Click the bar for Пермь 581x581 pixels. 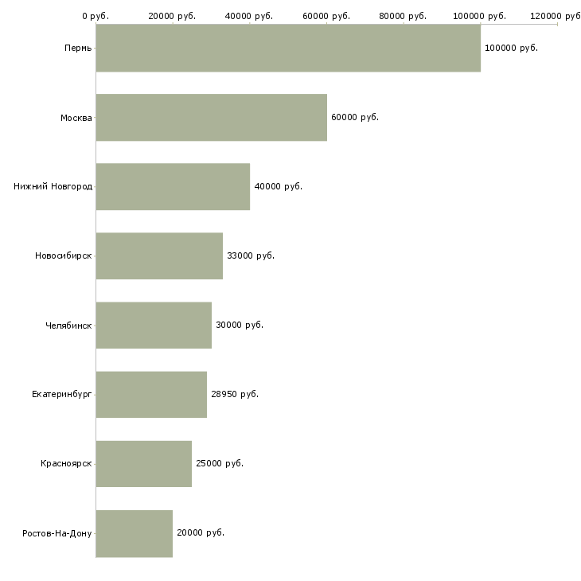tap(288, 48)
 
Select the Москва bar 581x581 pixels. tap(211, 117)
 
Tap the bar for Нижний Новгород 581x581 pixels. tap(173, 186)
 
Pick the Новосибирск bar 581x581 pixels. tap(159, 255)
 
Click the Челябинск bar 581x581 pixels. tap(154, 325)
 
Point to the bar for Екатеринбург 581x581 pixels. tap(151, 394)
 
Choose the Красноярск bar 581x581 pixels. tap(143, 463)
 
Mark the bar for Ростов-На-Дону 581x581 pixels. tap(134, 532)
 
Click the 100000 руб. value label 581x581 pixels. tap(511, 48)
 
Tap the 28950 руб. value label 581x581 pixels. tap(234, 394)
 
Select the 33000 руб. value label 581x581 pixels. tap(250, 255)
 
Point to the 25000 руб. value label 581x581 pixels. tap(219, 463)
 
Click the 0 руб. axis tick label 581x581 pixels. tap(96, 16)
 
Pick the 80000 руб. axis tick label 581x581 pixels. tap(404, 16)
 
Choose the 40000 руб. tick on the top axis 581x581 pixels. tap(250, 16)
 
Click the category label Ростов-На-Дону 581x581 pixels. tap(57, 532)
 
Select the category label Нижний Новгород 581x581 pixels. tap(53, 186)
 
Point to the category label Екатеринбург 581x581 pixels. tap(62, 394)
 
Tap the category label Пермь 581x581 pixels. tap(78, 48)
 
